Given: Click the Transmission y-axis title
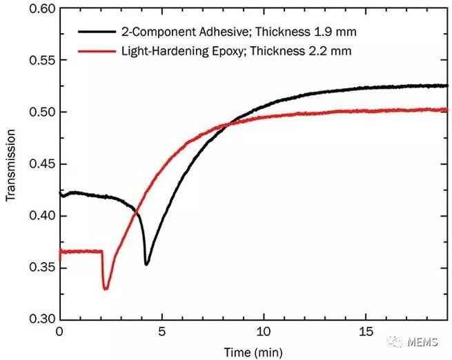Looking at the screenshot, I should (x=11, y=165).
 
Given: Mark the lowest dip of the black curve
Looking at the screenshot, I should (x=146, y=264).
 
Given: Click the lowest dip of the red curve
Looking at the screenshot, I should (x=106, y=288).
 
